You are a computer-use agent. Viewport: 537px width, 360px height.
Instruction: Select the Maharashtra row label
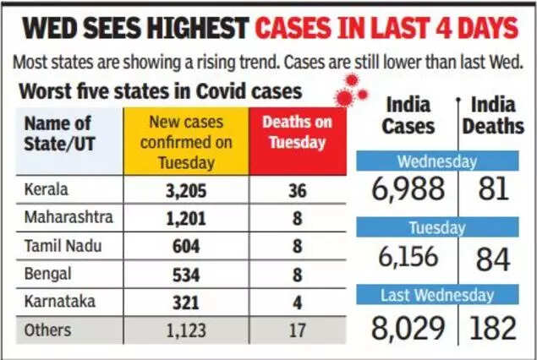[x=69, y=219]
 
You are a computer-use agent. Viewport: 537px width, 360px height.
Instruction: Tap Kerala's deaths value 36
[x=297, y=190]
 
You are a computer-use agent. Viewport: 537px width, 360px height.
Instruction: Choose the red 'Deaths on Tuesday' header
[x=297, y=133]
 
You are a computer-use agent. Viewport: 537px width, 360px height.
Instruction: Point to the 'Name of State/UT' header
[x=58, y=134]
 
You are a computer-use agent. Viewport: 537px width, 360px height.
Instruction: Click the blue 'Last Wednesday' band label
[x=436, y=295]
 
